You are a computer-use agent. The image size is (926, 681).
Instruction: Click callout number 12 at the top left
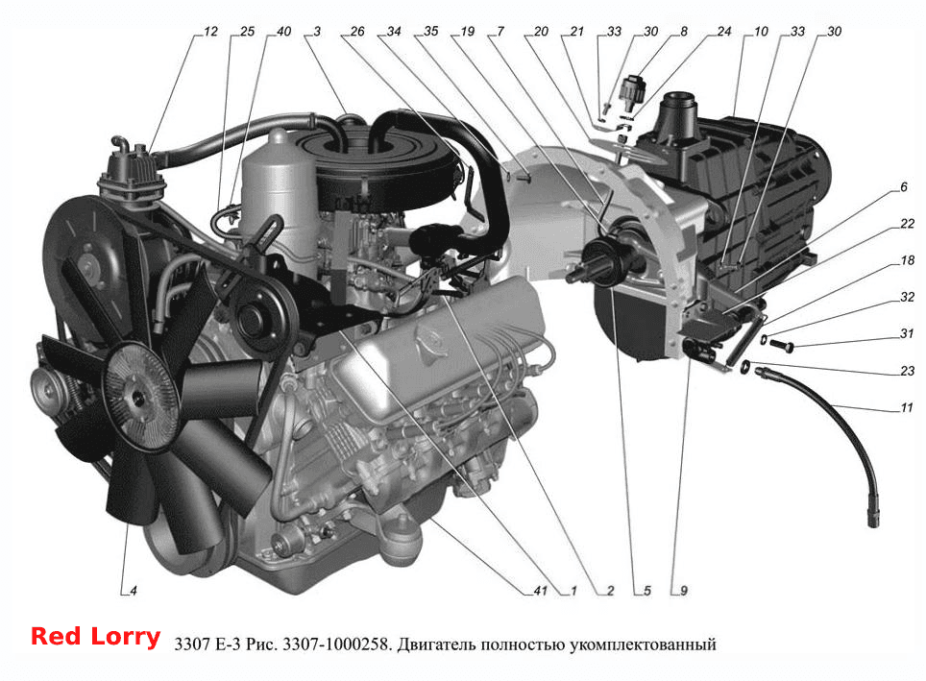click(x=210, y=32)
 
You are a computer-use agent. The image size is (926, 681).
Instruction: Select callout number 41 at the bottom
click(x=540, y=591)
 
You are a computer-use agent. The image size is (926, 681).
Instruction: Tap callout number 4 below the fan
click(x=134, y=591)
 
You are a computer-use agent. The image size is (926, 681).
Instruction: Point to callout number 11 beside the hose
click(x=907, y=407)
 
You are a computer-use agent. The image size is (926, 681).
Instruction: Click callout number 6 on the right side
click(x=904, y=187)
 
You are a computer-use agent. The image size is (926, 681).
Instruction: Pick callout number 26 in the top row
click(x=356, y=32)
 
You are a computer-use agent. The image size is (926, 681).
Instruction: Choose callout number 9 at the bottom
click(x=684, y=591)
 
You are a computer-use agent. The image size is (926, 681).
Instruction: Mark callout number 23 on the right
click(x=907, y=371)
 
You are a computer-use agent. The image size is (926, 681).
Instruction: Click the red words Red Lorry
click(x=96, y=637)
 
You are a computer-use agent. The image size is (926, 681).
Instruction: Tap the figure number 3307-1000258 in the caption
click(x=336, y=644)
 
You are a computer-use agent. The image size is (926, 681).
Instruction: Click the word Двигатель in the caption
click(x=436, y=645)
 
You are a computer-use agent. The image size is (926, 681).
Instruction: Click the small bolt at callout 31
click(x=782, y=344)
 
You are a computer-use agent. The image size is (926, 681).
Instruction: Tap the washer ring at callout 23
click(x=746, y=367)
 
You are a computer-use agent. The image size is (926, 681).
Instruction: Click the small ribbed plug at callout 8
click(x=632, y=89)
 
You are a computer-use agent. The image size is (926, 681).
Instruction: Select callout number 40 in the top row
click(x=283, y=32)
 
